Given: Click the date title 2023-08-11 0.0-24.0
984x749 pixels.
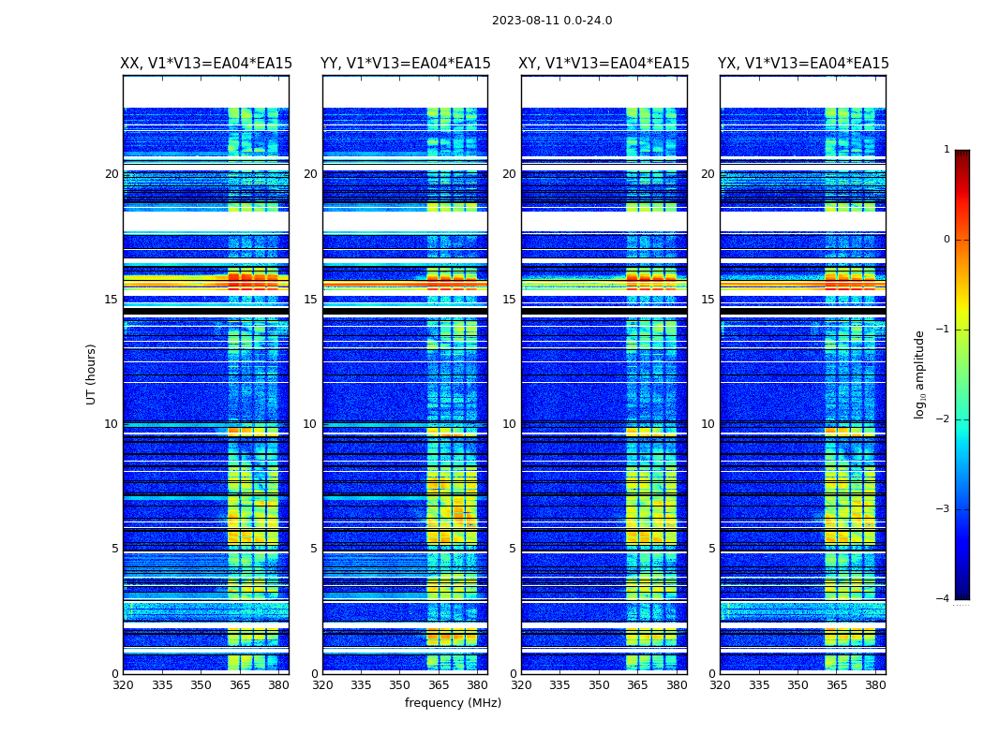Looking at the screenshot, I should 552,21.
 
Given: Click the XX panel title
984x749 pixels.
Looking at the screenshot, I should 206,64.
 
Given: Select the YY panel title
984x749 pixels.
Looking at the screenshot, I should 405,64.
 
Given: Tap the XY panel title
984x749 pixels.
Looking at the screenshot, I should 604,64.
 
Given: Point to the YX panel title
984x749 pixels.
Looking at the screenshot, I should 803,64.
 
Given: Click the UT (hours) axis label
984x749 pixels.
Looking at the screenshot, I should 91,374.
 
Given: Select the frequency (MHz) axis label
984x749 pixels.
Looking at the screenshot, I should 453,703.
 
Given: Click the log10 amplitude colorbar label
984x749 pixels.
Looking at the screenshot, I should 920,374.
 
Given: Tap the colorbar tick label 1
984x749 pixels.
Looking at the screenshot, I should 946,150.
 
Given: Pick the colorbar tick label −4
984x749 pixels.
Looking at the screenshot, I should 944,599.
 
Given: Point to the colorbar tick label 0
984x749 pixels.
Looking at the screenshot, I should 946,240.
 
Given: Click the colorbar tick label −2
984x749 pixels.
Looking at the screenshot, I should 944,419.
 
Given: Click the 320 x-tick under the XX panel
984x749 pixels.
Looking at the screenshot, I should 123,685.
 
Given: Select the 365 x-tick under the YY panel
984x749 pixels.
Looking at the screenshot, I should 439,685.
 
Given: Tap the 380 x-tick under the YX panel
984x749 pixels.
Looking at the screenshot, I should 875,685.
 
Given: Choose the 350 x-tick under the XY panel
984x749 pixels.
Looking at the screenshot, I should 599,685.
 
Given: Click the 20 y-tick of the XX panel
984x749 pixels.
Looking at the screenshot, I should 112,174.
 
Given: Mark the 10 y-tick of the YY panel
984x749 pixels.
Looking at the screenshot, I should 310,424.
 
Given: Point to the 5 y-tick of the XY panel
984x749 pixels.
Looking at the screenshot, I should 513,549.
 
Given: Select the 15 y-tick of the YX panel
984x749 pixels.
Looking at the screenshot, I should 708,300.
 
